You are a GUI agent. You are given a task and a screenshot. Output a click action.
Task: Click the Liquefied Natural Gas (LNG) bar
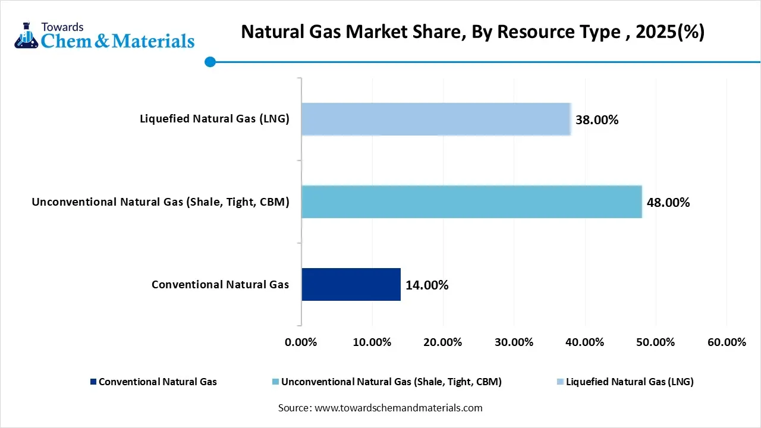pos(436,119)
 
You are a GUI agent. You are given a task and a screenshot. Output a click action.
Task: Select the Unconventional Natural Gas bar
pos(471,202)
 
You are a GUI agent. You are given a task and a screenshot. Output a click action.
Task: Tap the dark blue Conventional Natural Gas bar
pos(351,284)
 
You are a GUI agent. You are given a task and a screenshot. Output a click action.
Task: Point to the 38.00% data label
pos(597,120)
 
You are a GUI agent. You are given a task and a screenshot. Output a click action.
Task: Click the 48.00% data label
pos(668,203)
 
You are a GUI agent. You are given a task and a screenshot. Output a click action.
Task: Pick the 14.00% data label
pos(427,285)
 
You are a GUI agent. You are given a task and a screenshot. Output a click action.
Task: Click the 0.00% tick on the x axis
pos(301,342)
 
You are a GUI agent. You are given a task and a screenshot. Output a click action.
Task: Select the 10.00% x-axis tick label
pos(372,342)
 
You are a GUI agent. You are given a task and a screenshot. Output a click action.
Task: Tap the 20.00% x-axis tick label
pos(443,342)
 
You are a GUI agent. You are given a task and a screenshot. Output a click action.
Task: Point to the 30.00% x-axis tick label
pos(514,342)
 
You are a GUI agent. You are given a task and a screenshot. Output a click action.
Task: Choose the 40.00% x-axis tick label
pos(585,342)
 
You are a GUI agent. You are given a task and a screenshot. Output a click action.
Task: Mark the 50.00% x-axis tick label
pos(656,342)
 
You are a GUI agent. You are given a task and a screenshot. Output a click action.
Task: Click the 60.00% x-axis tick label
pos(727,342)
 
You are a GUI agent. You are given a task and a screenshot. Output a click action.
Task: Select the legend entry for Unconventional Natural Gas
pos(391,382)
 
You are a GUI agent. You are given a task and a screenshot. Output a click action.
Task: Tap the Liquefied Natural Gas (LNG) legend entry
pos(629,382)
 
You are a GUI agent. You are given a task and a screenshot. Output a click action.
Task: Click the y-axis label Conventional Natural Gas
pos(220,284)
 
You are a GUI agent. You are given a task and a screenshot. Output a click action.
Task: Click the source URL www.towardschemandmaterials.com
pos(398,408)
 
